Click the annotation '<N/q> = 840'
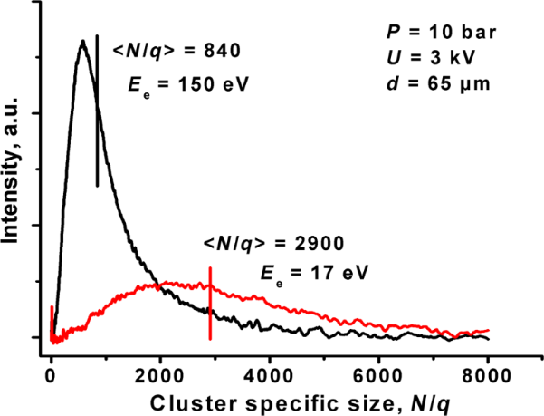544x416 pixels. pyautogui.click(x=176, y=52)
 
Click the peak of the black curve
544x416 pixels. pyautogui.click(x=83, y=41)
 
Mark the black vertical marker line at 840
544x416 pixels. pyautogui.click(x=97, y=109)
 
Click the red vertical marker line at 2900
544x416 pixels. pyautogui.click(x=211, y=303)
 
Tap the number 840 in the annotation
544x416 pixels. pyautogui.click(x=222, y=52)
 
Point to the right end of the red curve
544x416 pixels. pyautogui.click(x=489, y=331)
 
